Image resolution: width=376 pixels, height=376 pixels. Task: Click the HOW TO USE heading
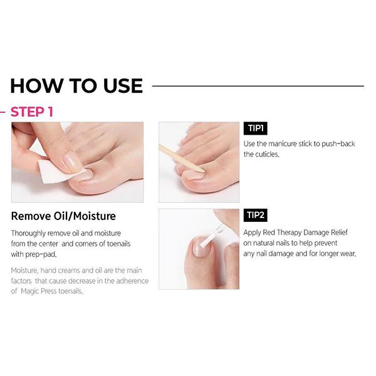coord(76,86)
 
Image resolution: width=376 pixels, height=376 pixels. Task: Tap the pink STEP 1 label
coord(32,112)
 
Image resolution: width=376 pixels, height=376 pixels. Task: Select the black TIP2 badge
coord(255,216)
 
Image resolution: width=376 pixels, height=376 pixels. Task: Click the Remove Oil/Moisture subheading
coord(63,217)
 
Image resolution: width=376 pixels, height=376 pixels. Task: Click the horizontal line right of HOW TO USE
coord(258,86)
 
